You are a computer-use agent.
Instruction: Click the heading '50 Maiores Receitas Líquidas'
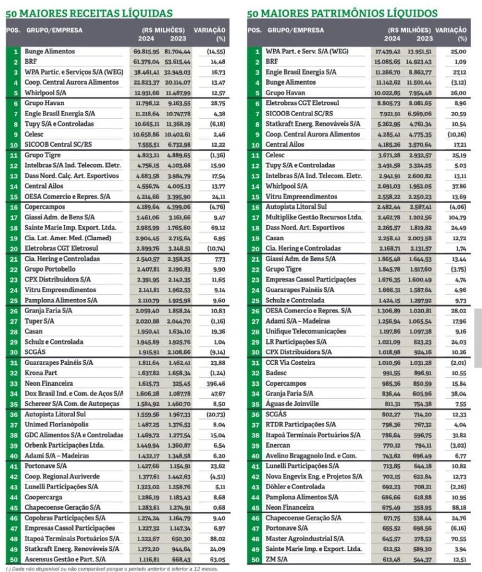click(x=90, y=13)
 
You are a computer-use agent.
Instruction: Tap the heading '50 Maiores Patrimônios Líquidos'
click(x=342, y=13)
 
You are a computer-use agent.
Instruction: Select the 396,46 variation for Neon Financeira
click(x=215, y=383)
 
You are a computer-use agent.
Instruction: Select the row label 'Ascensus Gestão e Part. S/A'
click(x=65, y=559)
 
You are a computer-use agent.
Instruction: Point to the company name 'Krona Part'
click(x=41, y=373)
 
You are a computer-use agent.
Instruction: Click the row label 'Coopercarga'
click(x=43, y=497)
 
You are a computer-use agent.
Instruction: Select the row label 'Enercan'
click(x=279, y=445)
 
